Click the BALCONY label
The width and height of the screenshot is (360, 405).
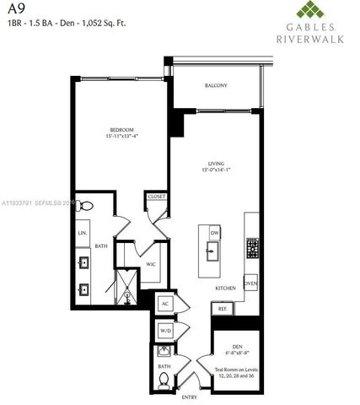click(215, 85)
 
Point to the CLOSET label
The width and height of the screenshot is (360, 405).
click(156, 197)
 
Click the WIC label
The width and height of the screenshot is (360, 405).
click(151, 264)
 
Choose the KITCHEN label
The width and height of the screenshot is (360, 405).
click(224, 288)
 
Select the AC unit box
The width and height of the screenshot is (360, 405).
click(165, 303)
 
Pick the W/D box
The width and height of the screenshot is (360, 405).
click(165, 332)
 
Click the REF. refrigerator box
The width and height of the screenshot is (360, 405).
click(223, 309)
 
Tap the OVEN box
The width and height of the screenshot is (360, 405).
click(250, 283)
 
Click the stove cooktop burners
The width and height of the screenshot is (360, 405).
click(251, 248)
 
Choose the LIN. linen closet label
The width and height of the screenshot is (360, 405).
click(83, 232)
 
